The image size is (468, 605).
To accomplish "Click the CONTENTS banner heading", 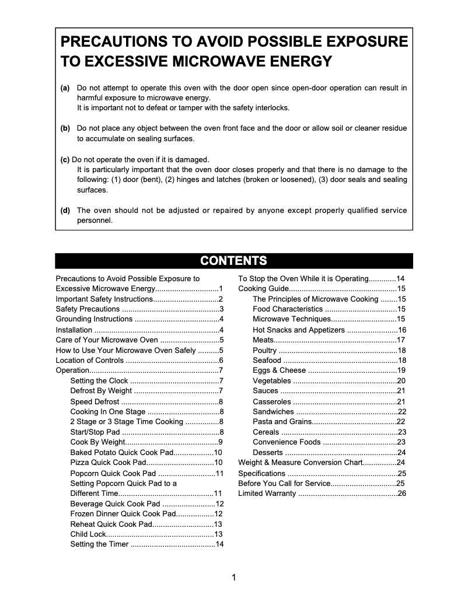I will [x=233, y=261].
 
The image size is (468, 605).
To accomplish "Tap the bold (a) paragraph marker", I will [x=65, y=88].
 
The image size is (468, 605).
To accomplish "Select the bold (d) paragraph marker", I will [x=65, y=211].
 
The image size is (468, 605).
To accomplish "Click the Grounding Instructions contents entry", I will [x=94, y=319].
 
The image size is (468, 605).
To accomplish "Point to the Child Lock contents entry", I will [x=88, y=534].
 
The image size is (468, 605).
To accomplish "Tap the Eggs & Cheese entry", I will [x=279, y=370].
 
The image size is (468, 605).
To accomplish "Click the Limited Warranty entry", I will [x=267, y=494].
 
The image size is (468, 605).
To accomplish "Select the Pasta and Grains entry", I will [x=282, y=422].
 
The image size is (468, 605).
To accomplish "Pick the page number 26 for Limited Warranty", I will [x=401, y=494].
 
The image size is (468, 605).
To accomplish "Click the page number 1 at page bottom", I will [x=234, y=578].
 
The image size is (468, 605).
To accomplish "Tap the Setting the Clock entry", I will [x=99, y=381].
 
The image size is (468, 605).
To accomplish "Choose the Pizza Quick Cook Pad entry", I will [x=107, y=463].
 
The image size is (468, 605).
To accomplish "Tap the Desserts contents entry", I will [x=268, y=453].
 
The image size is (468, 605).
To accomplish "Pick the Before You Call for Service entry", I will [x=284, y=484].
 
